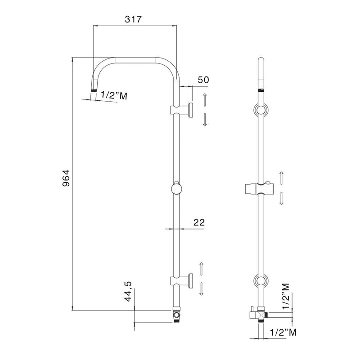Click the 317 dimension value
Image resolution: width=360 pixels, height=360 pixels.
pyautogui.click(x=133, y=19)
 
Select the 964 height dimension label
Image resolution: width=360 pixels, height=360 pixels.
pyautogui.click(x=66, y=178)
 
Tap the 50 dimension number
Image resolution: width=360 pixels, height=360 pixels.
pyautogui.click(x=203, y=80)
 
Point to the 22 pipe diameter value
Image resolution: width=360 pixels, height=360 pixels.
pyautogui.click(x=199, y=222)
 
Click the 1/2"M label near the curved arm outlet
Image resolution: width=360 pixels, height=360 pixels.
pyautogui.click(x=114, y=95)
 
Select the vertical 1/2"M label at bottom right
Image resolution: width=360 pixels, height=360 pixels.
pyautogui.click(x=286, y=296)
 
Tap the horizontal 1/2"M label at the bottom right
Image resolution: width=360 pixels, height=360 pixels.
pyautogui.click(x=283, y=332)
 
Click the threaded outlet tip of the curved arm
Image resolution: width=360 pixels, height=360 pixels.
pyautogui.click(x=94, y=90)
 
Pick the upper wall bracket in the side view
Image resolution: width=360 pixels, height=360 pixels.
pyautogui.click(x=181, y=110)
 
